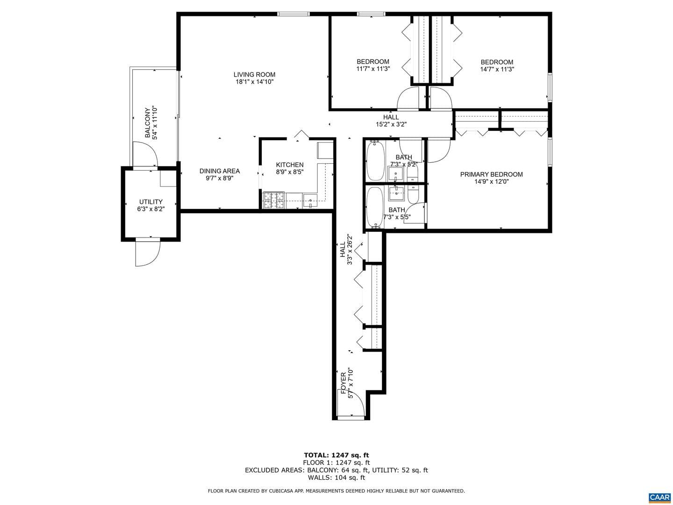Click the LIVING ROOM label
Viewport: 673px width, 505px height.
[x=254, y=74]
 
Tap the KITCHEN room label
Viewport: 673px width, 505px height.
[x=289, y=165]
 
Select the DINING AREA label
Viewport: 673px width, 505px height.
[x=220, y=171]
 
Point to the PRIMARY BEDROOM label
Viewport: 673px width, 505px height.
[x=491, y=174]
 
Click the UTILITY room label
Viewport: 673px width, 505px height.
[x=151, y=202]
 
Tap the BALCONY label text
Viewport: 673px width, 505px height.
[x=148, y=123]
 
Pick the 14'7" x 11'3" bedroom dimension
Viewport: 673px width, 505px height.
[x=497, y=69]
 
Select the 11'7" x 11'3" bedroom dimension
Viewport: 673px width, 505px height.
[x=373, y=69]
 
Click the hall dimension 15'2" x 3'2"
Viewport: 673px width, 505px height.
[x=391, y=124]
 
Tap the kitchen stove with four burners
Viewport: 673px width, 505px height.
[x=274, y=200]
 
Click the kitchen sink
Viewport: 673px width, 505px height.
[x=310, y=201]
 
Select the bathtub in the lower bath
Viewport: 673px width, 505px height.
[x=375, y=207]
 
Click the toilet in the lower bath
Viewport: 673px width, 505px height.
[x=413, y=195]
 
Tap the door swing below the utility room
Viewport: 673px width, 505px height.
[x=148, y=252]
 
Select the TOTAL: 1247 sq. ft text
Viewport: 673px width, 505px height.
[x=336, y=455]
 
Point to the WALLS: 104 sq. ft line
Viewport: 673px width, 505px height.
[x=336, y=477]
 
